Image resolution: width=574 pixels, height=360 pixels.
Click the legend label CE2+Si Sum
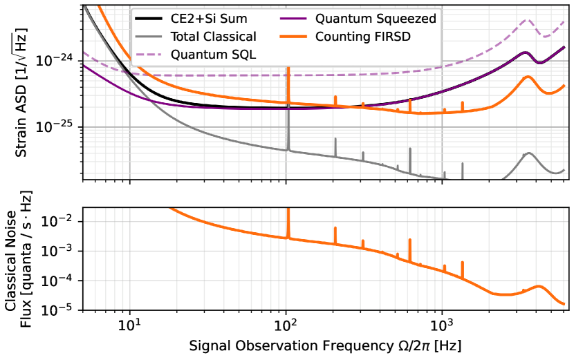(x=209, y=19)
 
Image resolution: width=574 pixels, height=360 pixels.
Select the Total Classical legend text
(x=214, y=37)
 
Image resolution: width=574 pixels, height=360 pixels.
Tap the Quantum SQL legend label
(x=214, y=54)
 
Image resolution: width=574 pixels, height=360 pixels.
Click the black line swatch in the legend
(x=149, y=19)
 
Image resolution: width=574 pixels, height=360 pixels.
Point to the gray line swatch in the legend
(x=149, y=37)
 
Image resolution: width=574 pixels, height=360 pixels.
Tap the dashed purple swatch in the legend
(x=149, y=54)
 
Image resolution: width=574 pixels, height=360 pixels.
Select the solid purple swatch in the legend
(x=293, y=19)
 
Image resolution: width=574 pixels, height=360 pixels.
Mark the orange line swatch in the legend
(x=293, y=37)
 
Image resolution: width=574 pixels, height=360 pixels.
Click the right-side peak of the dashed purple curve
(x=526, y=20)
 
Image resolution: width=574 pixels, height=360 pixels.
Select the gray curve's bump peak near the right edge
(x=530, y=153)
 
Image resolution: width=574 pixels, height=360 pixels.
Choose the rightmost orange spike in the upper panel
(x=462, y=102)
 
